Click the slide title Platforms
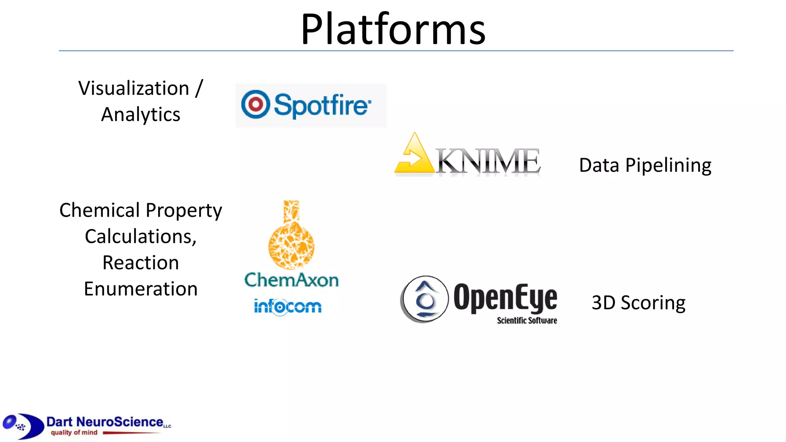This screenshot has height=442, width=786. coord(393,29)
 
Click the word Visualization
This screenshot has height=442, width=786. coord(134,88)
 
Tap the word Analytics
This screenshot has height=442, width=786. coord(140,114)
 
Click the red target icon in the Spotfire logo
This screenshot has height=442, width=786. coord(255,104)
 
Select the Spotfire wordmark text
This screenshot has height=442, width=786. coord(322,105)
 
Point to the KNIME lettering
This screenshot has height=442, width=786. coord(488,161)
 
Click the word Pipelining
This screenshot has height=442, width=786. coord(668,165)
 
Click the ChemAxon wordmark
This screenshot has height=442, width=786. coord(292,280)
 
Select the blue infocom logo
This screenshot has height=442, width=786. coord(287,307)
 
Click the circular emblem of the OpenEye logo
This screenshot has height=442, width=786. coord(424,299)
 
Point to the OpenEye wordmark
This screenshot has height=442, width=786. coord(505,298)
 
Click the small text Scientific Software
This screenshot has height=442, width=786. coord(527,320)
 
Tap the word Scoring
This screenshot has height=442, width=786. coord(653,303)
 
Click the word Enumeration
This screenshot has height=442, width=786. coord(140,289)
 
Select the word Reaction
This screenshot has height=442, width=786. coord(140,263)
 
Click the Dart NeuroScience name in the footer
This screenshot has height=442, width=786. coord(105,422)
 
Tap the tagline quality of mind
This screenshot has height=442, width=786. coord(74,432)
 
